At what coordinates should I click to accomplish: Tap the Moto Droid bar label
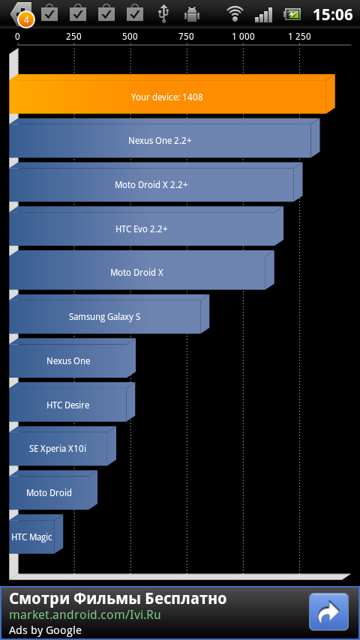pyautogui.click(x=49, y=492)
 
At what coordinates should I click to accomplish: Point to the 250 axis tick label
pyautogui.click(x=73, y=37)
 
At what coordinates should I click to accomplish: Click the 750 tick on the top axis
pyautogui.click(x=186, y=37)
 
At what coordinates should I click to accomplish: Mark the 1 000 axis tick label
pyautogui.click(x=244, y=37)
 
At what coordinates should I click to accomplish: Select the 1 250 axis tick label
pyautogui.click(x=299, y=37)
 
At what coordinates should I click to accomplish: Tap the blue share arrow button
pyautogui.click(x=329, y=612)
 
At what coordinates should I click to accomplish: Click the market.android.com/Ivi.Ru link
pyautogui.click(x=85, y=615)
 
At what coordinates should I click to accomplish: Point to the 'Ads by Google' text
pyautogui.click(x=45, y=630)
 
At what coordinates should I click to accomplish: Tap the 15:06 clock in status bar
pyautogui.click(x=332, y=15)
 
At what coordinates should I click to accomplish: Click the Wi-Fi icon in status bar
pyautogui.click(x=235, y=14)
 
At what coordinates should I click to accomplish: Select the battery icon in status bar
pyautogui.click(x=292, y=14)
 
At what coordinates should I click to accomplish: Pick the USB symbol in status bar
pyautogui.click(x=163, y=14)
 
